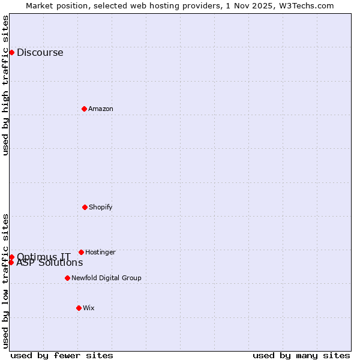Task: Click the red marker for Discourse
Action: [11, 52]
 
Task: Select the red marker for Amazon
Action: [84, 109]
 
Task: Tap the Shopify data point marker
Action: [85, 207]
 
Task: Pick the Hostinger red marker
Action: [81, 252]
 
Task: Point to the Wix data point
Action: [79, 308]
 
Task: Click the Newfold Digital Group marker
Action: [67, 278]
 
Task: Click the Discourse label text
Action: [40, 52]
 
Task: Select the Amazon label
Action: [101, 109]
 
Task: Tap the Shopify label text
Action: [101, 207]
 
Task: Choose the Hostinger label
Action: [100, 252]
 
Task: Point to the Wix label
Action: [89, 308]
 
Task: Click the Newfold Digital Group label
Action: [106, 278]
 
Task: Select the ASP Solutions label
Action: [50, 263]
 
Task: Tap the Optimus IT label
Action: [43, 257]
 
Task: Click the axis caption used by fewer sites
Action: [62, 355]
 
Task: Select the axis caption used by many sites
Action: [301, 355]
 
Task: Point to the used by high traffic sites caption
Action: [5, 85]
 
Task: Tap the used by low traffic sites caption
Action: [5, 281]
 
